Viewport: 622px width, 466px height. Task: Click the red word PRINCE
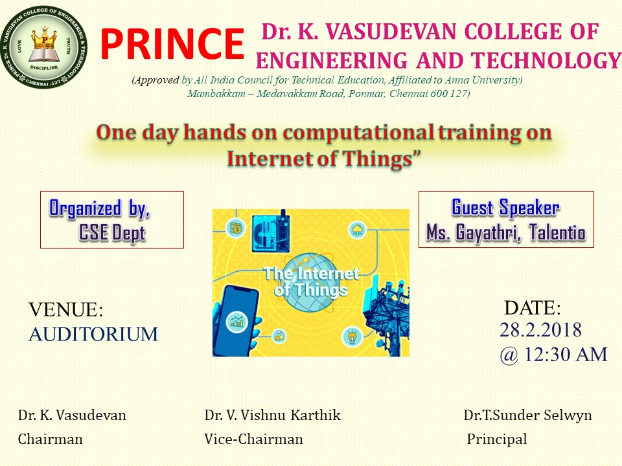click(172, 43)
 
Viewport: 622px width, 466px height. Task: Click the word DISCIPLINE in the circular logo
click(44, 68)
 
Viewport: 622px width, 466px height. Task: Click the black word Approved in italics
click(156, 80)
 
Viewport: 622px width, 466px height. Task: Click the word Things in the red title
click(378, 159)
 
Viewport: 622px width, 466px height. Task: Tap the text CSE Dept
click(112, 232)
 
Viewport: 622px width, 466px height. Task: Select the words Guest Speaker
click(506, 208)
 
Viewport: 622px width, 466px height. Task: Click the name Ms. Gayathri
click(473, 232)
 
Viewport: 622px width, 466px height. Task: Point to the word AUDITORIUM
click(93, 334)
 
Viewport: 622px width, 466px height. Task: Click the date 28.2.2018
click(540, 330)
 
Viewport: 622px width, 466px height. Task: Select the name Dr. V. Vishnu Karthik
click(273, 416)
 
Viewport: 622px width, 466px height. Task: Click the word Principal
click(497, 439)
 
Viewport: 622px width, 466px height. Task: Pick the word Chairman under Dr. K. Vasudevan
click(51, 439)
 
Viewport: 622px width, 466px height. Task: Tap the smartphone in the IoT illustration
click(236, 320)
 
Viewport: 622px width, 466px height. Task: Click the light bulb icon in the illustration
click(352, 337)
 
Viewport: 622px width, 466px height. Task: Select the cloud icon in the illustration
click(358, 230)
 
